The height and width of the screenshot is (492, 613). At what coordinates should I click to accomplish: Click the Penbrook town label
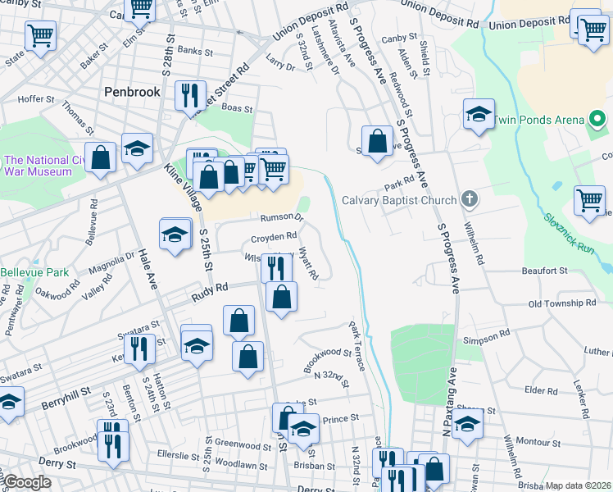pos(133,92)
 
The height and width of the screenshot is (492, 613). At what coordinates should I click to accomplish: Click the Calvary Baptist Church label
pos(398,199)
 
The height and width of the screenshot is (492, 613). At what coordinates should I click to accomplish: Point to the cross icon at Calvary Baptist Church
pos(469,198)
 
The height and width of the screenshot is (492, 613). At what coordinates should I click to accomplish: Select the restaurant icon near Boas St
pos(188,95)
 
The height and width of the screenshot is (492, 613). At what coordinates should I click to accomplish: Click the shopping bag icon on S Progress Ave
pos(377,140)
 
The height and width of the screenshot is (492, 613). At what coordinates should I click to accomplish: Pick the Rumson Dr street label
pos(282,218)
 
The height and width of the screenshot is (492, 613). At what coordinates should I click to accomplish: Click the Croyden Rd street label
pos(273,238)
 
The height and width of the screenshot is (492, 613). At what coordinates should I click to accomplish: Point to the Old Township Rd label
pos(562,303)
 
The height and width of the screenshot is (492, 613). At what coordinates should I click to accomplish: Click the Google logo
pos(28,482)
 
